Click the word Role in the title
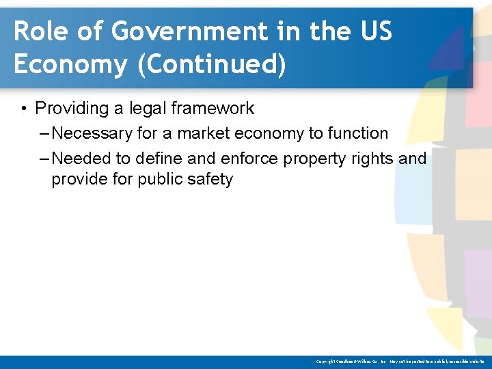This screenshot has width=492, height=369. tap(36, 31)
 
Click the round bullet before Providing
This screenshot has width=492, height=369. tap(23, 109)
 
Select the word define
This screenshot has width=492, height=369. tap(159, 159)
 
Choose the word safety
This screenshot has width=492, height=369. tap(210, 180)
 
